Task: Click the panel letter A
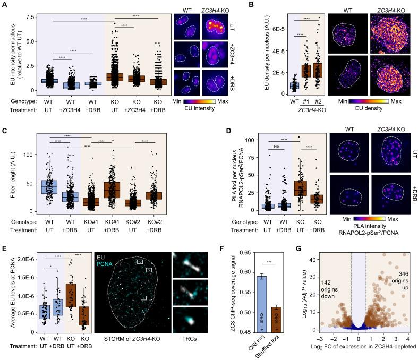click(x=5, y=4)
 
